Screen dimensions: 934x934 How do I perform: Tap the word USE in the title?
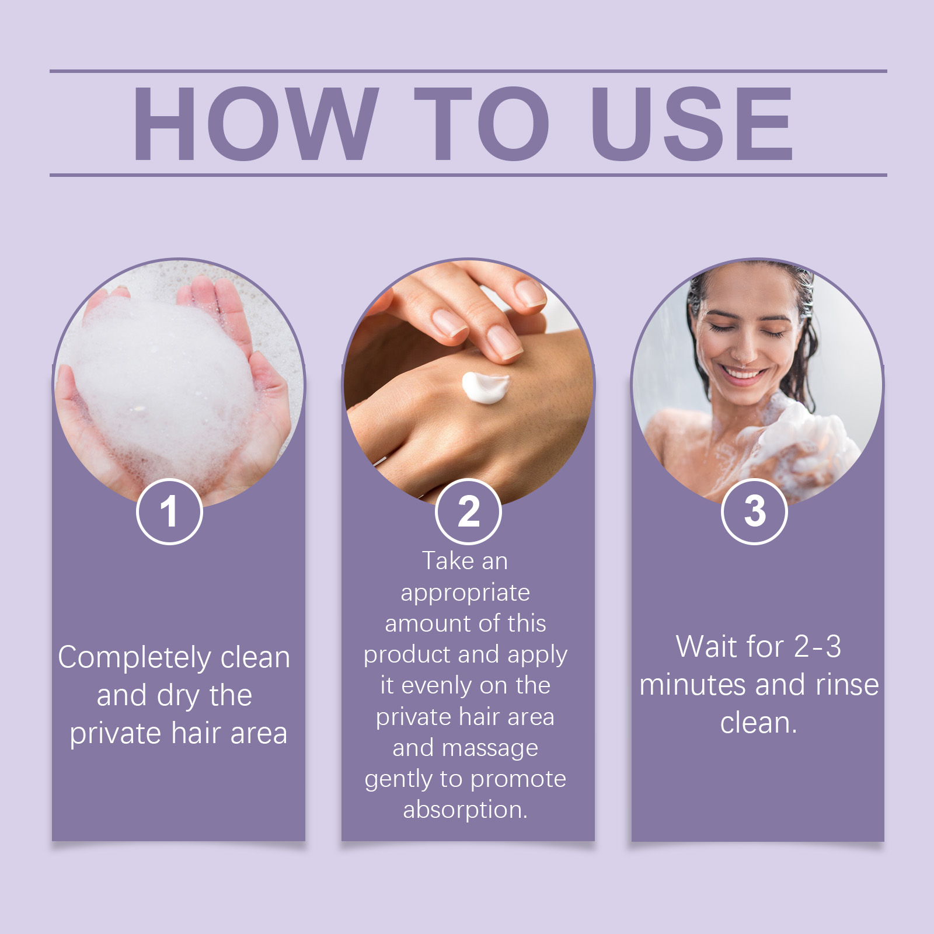[x=692, y=124]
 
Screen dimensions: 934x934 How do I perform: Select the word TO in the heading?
[x=482, y=124]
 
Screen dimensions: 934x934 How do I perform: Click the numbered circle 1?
[x=169, y=511]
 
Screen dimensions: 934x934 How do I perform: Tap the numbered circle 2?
[x=468, y=511]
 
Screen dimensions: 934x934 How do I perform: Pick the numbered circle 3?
[x=754, y=511]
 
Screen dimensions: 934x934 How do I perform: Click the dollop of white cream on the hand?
[x=485, y=387]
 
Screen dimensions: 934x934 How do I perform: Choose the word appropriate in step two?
[x=465, y=593]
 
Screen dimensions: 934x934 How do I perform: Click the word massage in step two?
[x=490, y=748]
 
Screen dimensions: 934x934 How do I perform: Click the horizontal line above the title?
[x=467, y=71]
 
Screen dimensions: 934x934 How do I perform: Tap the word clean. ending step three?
[x=758, y=723]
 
